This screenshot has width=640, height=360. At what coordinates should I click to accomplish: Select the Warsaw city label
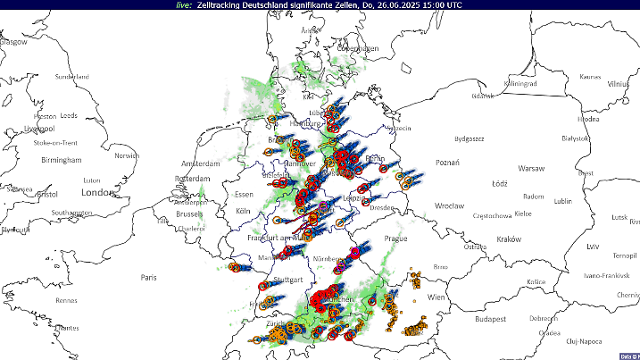pyautogui.click(x=532, y=168)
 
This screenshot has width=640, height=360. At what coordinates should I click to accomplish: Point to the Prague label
pyautogui.click(x=395, y=239)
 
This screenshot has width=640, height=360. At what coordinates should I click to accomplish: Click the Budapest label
pyautogui.click(x=490, y=318)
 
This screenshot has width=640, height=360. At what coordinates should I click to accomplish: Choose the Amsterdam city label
pyautogui.click(x=201, y=164)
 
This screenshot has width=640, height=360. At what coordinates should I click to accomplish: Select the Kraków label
pyautogui.click(x=508, y=239)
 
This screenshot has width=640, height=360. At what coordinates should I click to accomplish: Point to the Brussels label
pyautogui.click(x=189, y=214)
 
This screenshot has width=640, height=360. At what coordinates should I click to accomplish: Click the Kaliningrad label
pyautogui.click(x=520, y=83)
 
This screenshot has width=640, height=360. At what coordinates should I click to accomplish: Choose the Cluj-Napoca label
pyautogui.click(x=585, y=341)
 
